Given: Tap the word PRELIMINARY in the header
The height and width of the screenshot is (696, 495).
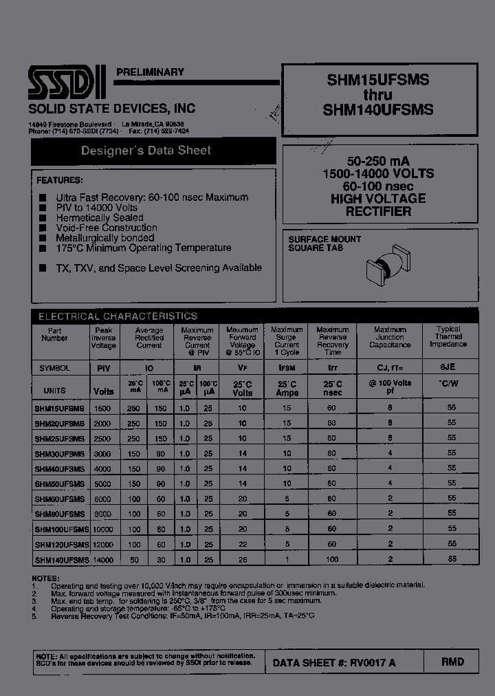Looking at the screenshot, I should tap(150, 72).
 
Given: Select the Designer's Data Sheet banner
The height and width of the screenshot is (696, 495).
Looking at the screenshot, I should tap(146, 151).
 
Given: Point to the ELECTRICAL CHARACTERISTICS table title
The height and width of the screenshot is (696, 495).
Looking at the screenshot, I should tap(118, 316).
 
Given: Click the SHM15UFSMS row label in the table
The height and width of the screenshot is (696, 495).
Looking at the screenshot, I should tap(60, 408).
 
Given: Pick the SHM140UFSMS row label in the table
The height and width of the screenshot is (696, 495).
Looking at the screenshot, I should tap(62, 560).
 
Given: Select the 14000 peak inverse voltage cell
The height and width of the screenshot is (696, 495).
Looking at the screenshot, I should tap(103, 560).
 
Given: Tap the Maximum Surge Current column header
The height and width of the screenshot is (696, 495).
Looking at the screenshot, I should tap(287, 341).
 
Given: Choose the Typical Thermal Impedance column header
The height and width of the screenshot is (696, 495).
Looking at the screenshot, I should tap(448, 337).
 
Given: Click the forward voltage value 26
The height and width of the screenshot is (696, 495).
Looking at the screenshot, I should tap(242, 560).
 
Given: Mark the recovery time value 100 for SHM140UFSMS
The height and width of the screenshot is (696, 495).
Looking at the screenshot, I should tap(332, 560).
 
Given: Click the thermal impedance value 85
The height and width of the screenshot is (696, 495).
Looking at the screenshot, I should tap(452, 560).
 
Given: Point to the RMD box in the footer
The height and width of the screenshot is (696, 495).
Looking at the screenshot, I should tap(452, 662).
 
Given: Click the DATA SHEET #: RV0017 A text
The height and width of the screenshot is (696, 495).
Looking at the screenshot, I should tap(333, 662).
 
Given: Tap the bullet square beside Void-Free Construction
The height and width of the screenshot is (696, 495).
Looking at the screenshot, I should tap(43, 228).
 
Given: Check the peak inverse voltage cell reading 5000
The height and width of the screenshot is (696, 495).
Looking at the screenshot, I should tap(103, 483).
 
